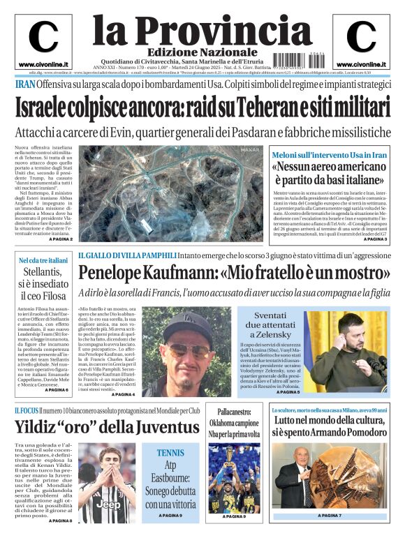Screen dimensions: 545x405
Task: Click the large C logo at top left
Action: (x=43, y=38)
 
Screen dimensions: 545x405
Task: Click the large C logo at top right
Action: (x=361, y=38)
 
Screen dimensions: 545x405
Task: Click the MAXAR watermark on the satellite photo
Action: (x=250, y=149)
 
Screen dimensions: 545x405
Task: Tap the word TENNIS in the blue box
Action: (x=170, y=453)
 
